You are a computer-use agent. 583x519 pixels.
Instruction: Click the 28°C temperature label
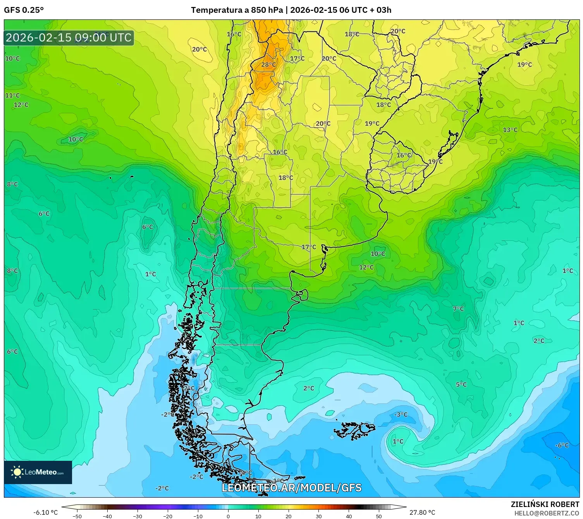(x=268, y=65)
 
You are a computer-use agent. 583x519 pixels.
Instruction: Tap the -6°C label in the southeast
(x=562, y=445)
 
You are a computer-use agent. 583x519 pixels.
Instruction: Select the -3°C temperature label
(x=401, y=415)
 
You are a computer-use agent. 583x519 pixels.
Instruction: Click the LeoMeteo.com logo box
(x=38, y=472)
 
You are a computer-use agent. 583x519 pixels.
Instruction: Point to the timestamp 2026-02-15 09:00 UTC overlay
(x=69, y=38)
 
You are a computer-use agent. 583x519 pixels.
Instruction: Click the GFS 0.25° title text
(x=24, y=10)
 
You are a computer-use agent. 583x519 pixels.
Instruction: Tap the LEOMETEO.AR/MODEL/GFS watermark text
(x=292, y=488)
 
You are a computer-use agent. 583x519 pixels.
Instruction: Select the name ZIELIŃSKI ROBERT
(x=545, y=505)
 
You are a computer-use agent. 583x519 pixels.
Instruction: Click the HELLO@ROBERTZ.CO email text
(x=547, y=513)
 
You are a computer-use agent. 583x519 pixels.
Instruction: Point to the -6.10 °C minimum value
(x=45, y=512)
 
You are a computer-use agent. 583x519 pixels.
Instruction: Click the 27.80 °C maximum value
(x=422, y=512)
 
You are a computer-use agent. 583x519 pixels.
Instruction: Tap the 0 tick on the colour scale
(x=228, y=516)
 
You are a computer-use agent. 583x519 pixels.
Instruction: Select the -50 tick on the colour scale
(x=77, y=516)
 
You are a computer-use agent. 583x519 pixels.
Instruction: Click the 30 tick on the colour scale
(x=318, y=516)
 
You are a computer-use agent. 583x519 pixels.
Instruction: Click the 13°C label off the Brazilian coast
(x=510, y=130)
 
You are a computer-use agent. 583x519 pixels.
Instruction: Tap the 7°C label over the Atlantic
(x=458, y=309)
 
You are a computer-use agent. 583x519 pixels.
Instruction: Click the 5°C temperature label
(x=461, y=385)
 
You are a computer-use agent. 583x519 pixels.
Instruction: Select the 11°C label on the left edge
(x=12, y=95)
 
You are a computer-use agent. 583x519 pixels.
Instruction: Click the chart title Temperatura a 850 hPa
(x=237, y=10)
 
